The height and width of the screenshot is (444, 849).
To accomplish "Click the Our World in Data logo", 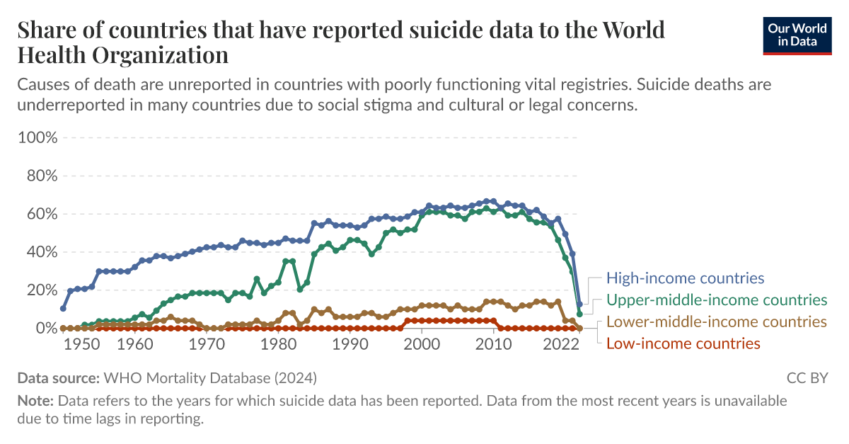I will (797, 34).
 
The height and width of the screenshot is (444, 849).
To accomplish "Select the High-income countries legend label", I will (686, 278).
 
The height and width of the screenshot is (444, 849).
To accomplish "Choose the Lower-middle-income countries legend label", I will (717, 321).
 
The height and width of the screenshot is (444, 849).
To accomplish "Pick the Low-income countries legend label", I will (683, 343).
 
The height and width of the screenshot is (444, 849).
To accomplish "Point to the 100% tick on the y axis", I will (37, 137).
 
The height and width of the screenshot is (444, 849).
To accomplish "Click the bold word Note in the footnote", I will (35, 401).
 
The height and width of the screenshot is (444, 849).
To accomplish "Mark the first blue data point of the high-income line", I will (63, 309).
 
